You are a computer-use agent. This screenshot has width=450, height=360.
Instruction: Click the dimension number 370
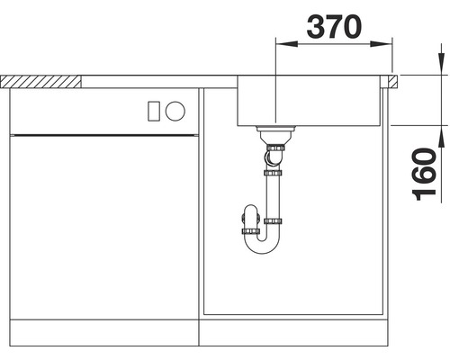click(334, 27)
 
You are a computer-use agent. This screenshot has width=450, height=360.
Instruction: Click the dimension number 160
click(424, 175)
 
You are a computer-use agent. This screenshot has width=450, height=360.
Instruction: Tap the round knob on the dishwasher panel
click(175, 111)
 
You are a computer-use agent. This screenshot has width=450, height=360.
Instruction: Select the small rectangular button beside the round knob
click(154, 111)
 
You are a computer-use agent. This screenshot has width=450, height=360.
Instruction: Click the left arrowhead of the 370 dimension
click(287, 44)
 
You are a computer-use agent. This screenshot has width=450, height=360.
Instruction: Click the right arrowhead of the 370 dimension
click(381, 44)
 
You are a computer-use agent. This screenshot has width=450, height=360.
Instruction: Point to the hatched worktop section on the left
click(40, 82)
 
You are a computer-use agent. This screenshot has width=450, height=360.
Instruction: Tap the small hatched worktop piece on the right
click(392, 81)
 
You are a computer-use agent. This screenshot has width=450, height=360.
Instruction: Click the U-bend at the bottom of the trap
click(262, 245)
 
